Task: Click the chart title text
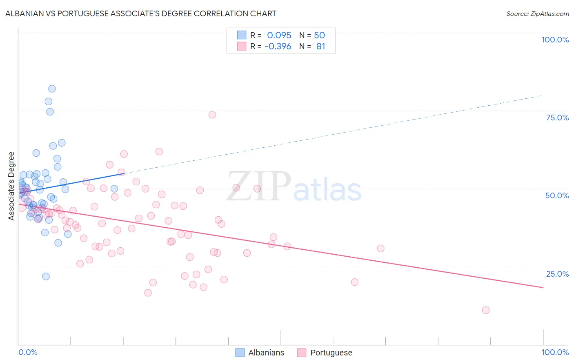click(x=141, y=13)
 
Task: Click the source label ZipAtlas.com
click(x=537, y=14)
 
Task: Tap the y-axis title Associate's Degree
click(x=11, y=186)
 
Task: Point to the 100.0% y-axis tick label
click(x=555, y=40)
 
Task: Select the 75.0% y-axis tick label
click(x=557, y=118)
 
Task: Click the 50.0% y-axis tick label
click(x=557, y=195)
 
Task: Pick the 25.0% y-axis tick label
click(x=557, y=274)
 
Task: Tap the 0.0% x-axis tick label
click(x=28, y=352)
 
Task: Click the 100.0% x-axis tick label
click(x=555, y=352)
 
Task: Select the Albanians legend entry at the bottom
click(x=260, y=353)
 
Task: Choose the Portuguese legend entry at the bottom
click(x=325, y=353)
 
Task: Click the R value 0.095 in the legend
click(x=279, y=35)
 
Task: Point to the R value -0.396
click(x=278, y=47)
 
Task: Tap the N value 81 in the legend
click(x=321, y=47)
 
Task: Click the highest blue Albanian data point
click(x=52, y=89)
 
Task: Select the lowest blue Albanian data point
click(x=46, y=276)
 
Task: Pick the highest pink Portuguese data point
click(x=212, y=115)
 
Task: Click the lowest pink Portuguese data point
click(x=485, y=310)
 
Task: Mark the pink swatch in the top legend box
click(x=242, y=46)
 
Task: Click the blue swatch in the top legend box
click(x=242, y=35)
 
